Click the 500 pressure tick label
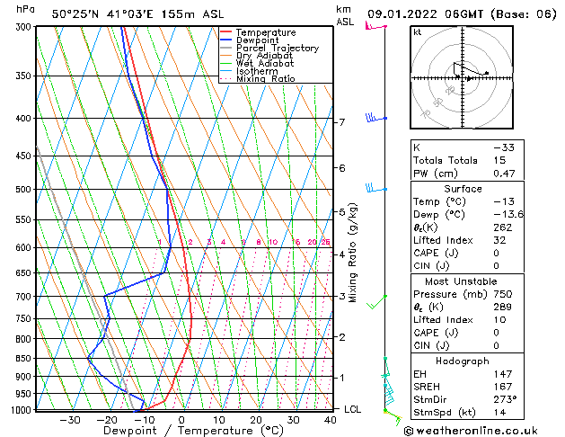[24, 190]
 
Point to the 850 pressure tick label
[24, 359]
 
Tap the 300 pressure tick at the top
[24, 27]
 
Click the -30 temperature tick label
[70, 420]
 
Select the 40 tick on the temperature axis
[331, 420]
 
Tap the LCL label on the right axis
[354, 409]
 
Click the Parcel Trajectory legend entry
[277, 48]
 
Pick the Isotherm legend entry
[259, 71]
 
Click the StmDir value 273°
[503, 399]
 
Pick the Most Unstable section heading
[463, 281]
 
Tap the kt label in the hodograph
[418, 32]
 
